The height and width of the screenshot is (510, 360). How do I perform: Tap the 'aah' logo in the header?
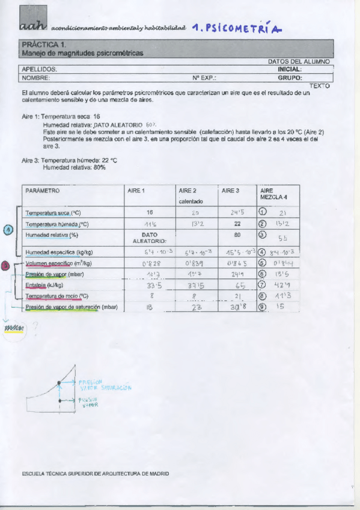pyautogui.click(x=32, y=26)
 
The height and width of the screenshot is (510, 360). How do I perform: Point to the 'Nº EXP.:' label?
pyautogui.click(x=204, y=78)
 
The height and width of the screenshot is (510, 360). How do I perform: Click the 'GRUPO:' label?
pyautogui.click(x=290, y=78)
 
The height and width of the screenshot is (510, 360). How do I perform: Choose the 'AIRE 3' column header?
pyautogui.click(x=230, y=191)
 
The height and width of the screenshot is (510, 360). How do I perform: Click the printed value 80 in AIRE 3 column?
pyautogui.click(x=237, y=235)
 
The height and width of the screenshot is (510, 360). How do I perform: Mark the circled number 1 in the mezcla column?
pyautogui.click(x=262, y=212)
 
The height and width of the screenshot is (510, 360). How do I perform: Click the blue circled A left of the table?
pyautogui.click(x=8, y=229)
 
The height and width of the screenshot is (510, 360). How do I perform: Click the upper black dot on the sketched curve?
pyautogui.click(x=58, y=382)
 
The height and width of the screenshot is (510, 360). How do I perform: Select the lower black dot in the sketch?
pyautogui.click(x=58, y=400)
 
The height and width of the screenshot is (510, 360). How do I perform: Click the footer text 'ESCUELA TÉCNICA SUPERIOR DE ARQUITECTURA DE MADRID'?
pyautogui.click(x=96, y=473)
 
